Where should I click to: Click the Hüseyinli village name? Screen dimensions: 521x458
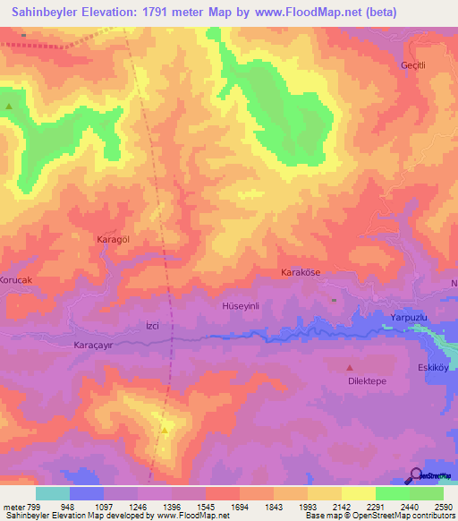(x=240, y=306)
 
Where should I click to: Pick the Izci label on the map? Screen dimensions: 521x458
(x=152, y=326)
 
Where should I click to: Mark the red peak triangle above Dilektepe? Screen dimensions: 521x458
(x=350, y=367)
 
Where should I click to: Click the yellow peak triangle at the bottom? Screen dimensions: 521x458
(x=165, y=431)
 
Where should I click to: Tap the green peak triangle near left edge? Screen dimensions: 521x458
(x=10, y=107)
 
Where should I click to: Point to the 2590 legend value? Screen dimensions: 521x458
(x=443, y=507)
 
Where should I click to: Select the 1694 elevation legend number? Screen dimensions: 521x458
(x=239, y=507)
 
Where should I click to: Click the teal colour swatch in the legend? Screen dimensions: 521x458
(x=53, y=493)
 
